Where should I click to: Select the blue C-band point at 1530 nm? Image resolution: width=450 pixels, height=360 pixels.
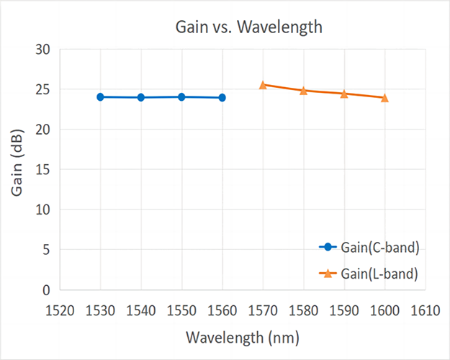tap(100, 96)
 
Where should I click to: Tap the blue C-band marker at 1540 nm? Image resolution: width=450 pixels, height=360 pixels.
tap(141, 97)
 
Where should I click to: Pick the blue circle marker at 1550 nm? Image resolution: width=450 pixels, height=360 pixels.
tap(181, 96)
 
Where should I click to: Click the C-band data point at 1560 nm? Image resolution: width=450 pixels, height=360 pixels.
tap(222, 97)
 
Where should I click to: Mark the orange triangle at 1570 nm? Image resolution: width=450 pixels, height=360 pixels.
tap(263, 85)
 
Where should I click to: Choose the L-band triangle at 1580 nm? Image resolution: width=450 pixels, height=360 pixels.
tap(303, 91)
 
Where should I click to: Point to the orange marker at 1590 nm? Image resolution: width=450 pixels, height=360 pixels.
tap(344, 94)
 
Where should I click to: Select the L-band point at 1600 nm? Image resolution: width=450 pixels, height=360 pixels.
tap(384, 98)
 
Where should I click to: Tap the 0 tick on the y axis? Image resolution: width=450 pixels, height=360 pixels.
tap(45, 290)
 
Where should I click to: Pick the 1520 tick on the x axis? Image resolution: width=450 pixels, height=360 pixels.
tap(60, 310)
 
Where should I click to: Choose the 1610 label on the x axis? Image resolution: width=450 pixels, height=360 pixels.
tap(425, 310)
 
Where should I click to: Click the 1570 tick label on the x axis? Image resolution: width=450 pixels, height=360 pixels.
tap(263, 310)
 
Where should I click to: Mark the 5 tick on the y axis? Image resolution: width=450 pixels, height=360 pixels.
tap(45, 250)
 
